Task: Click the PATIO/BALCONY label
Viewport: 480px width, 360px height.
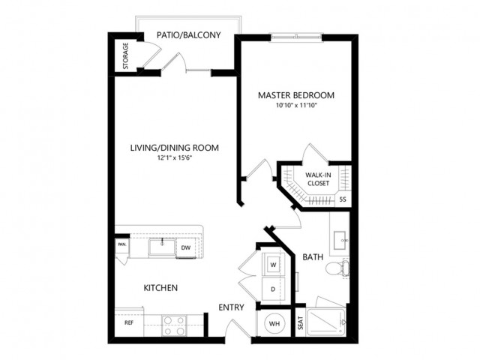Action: (x=188, y=35)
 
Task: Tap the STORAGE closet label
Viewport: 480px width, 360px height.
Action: (x=125, y=55)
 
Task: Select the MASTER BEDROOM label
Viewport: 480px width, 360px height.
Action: (x=296, y=95)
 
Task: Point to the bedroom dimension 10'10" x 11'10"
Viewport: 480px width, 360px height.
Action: (x=296, y=106)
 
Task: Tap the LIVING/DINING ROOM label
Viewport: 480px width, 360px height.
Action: (x=175, y=148)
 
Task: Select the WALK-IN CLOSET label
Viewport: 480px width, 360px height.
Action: (x=318, y=179)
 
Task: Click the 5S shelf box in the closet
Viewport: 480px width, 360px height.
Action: (x=343, y=199)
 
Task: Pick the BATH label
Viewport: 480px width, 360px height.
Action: (x=313, y=257)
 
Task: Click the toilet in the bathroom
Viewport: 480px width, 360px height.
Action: (x=337, y=268)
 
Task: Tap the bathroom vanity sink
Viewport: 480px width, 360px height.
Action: (x=340, y=240)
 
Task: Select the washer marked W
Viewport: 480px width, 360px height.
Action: (x=273, y=265)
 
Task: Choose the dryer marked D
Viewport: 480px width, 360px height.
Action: (x=273, y=289)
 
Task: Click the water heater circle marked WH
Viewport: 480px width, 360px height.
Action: (x=274, y=323)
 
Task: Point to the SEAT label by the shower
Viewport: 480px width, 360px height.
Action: (x=300, y=322)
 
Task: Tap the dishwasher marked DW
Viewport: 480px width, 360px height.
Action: (x=186, y=247)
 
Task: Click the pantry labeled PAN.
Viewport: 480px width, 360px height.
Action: (x=122, y=244)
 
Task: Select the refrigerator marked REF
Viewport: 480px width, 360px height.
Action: (x=129, y=322)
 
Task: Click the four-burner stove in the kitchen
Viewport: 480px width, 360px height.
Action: (x=174, y=325)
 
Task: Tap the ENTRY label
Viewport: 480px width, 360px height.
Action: (x=231, y=307)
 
